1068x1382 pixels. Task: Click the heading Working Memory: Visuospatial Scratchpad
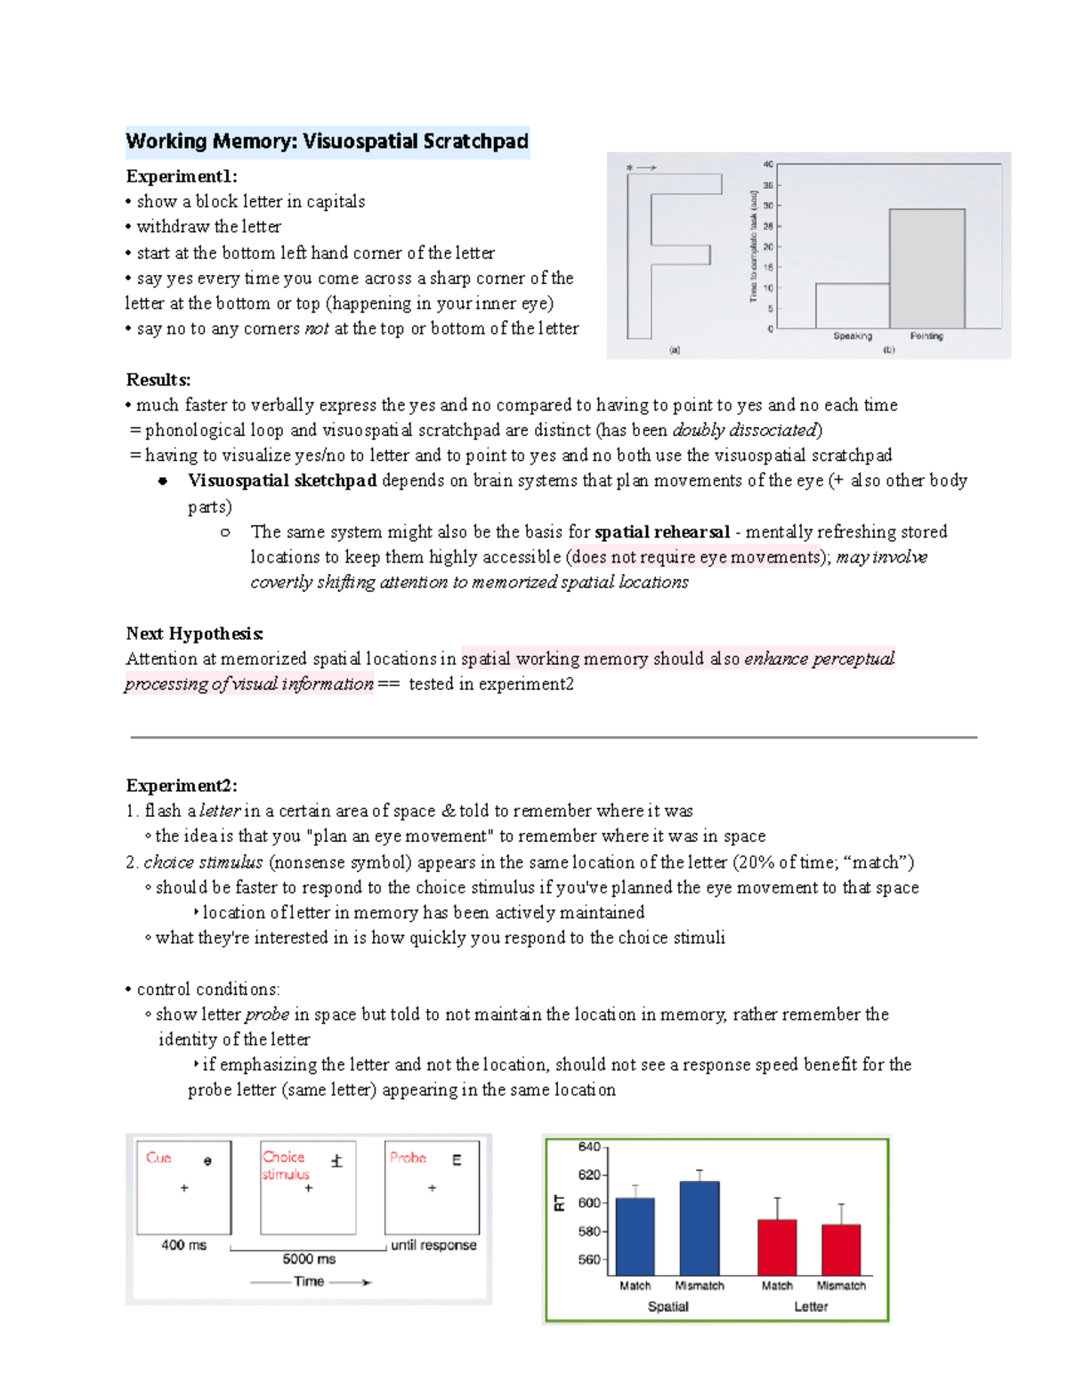pyautogui.click(x=327, y=141)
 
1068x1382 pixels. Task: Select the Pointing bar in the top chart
pyautogui.click(x=926, y=270)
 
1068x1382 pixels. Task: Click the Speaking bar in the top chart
pyautogui.click(x=852, y=306)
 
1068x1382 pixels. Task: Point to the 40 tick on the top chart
pyautogui.click(x=768, y=165)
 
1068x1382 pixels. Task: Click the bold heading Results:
pyautogui.click(x=158, y=380)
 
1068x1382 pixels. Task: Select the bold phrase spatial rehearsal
pyautogui.click(x=661, y=532)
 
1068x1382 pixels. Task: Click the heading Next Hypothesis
pyautogui.click(x=194, y=634)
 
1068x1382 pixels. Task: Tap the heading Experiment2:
pyautogui.click(x=182, y=786)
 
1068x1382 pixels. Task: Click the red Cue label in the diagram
pyautogui.click(x=158, y=1158)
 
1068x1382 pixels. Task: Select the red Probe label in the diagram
pyautogui.click(x=408, y=1158)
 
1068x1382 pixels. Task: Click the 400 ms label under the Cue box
pyautogui.click(x=183, y=1245)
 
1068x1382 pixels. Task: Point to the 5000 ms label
pyautogui.click(x=309, y=1259)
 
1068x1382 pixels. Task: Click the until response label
pyautogui.click(x=433, y=1245)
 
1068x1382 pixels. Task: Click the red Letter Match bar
pyautogui.click(x=777, y=1248)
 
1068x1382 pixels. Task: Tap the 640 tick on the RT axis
pyautogui.click(x=589, y=1147)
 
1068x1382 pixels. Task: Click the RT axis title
pyautogui.click(x=560, y=1203)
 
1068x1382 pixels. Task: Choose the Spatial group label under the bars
pyautogui.click(x=667, y=1306)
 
